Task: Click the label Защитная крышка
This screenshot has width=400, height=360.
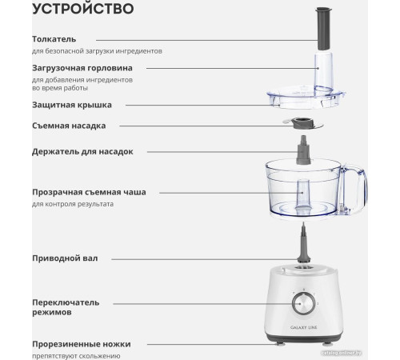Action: click(x=72, y=104)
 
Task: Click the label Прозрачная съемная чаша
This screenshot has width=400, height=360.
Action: click(x=94, y=192)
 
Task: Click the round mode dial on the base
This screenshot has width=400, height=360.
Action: click(x=306, y=303)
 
